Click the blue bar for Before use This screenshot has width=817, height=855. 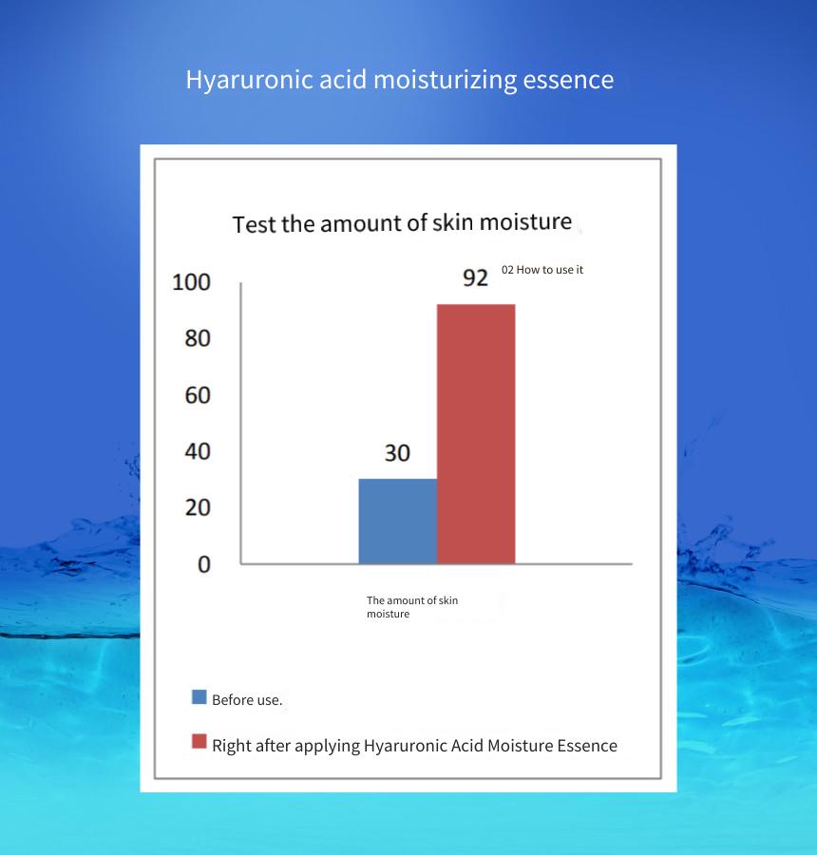point(398,521)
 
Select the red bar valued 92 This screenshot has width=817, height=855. point(476,433)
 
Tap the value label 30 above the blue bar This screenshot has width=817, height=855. point(397,453)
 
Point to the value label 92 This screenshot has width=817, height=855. point(475,278)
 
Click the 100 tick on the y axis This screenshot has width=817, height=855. point(191,282)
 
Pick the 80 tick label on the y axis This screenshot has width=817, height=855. point(198,338)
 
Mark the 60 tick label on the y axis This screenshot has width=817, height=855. point(198,395)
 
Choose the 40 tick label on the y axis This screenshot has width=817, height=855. point(198,451)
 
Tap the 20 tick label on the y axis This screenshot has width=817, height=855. point(198,507)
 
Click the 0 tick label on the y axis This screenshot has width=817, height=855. point(204,564)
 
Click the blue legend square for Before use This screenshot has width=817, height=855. point(199,697)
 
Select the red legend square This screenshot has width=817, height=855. point(199,742)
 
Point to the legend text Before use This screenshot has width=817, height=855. point(247,700)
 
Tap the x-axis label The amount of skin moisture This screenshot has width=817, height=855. point(412,607)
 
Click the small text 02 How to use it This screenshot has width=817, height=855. point(542,270)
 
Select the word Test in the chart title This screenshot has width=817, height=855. point(255,224)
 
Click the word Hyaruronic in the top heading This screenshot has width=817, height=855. point(250,80)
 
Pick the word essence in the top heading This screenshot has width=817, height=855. point(568,80)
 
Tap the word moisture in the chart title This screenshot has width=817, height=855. point(525,222)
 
